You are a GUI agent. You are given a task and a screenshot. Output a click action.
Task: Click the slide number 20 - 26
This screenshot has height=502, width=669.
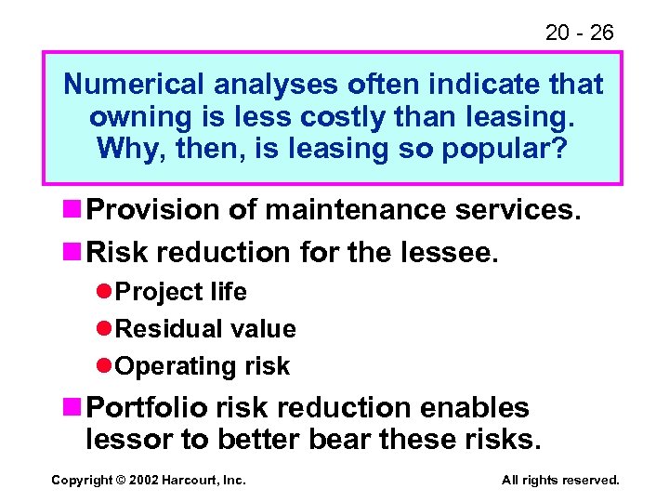coord(579,33)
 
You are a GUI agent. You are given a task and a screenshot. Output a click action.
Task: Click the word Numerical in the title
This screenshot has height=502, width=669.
coord(134,86)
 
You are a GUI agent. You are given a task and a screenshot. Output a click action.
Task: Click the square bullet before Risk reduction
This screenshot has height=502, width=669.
coord(73,251)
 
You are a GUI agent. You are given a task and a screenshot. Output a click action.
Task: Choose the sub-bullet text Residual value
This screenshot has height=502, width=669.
coord(206,329)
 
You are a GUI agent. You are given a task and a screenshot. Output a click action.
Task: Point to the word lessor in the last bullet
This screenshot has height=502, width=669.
coord(125,438)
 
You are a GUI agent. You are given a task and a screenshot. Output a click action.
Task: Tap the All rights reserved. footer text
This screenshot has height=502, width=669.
coord(559,481)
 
